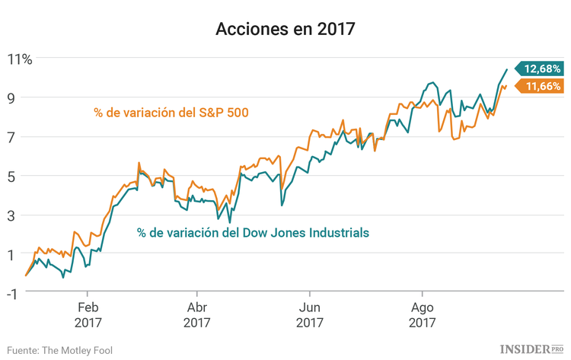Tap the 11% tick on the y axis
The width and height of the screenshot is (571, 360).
(20, 59)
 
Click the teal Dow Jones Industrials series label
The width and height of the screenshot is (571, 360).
(254, 232)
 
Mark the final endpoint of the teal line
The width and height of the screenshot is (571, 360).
(507, 70)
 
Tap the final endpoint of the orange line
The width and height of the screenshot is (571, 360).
(507, 86)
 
